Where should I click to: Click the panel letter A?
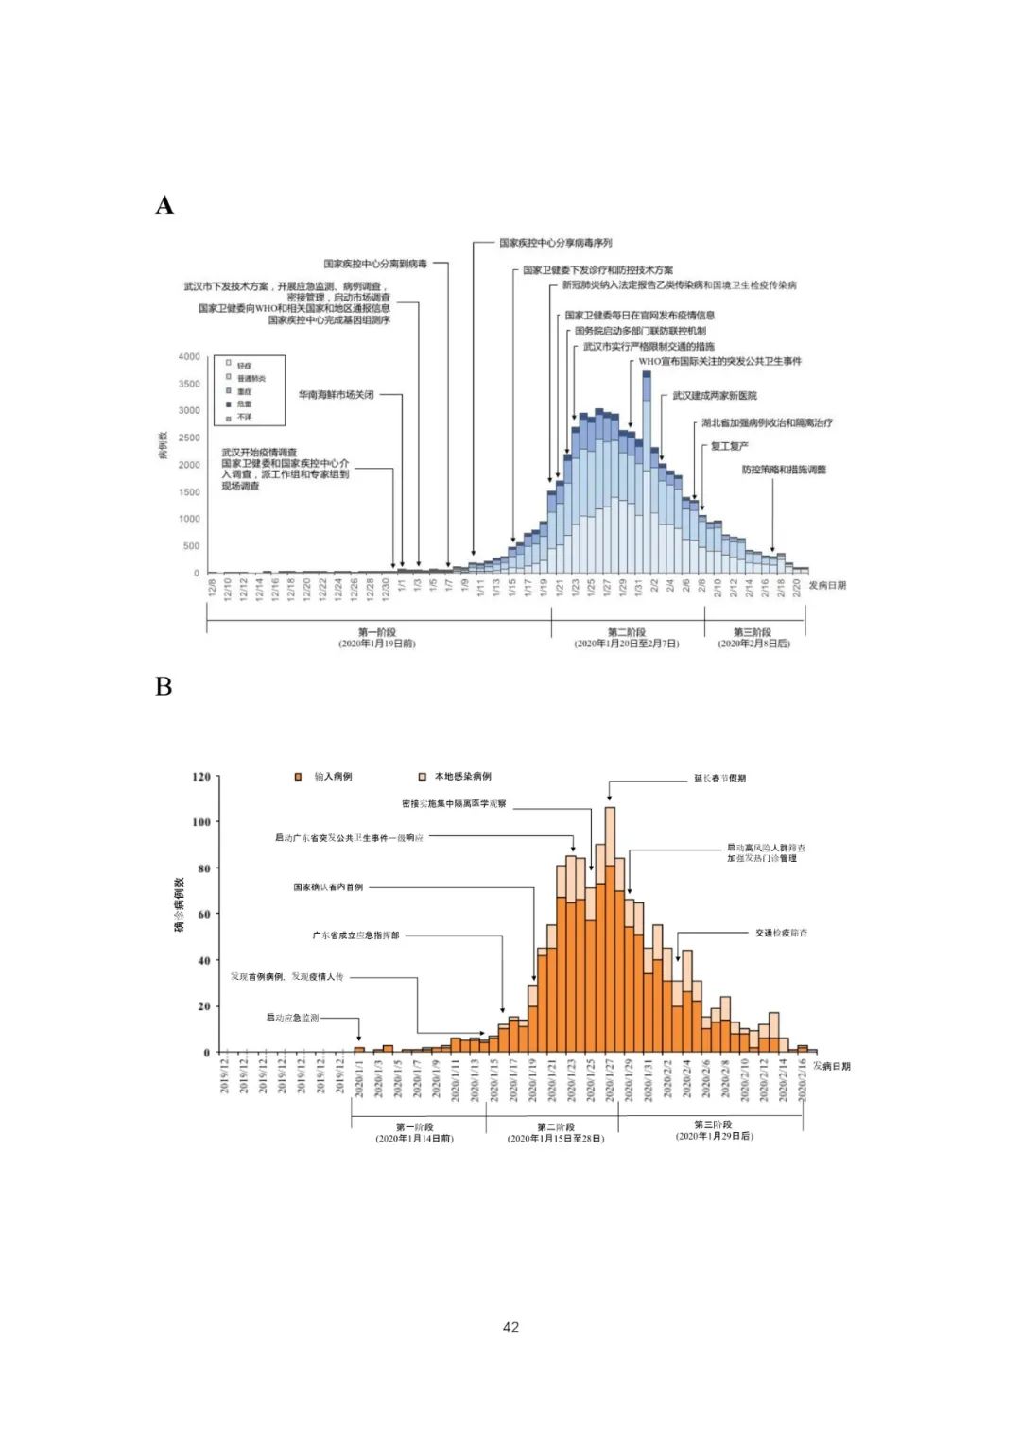point(164,205)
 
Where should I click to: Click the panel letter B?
point(164,686)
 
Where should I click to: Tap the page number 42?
point(510,1327)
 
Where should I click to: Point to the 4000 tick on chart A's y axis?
point(189,356)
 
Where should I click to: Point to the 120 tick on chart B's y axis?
point(201,777)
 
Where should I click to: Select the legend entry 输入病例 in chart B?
point(333,777)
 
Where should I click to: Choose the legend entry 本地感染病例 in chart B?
point(462,777)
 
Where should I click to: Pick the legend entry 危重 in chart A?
point(244,404)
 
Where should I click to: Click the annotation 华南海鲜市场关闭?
point(337,395)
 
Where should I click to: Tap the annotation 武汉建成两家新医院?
point(715,396)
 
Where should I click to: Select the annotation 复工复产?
point(729,446)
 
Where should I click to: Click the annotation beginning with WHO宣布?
point(719,361)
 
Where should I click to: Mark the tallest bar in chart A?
point(647,472)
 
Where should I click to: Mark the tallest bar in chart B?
point(610,926)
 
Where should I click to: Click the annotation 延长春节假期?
point(720,779)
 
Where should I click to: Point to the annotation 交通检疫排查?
point(781,933)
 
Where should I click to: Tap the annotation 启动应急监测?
point(292,1018)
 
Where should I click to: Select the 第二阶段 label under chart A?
point(626,632)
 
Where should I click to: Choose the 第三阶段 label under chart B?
point(713,1125)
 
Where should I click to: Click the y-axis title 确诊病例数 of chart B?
point(180,905)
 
